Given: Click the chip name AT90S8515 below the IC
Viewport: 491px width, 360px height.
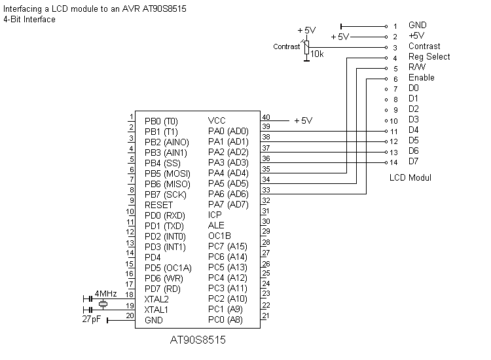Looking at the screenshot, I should pyautogui.click(x=199, y=340).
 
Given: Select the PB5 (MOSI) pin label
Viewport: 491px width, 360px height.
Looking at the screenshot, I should pyautogui.click(x=167, y=173).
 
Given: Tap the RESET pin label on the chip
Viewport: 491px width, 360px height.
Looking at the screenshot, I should pyautogui.click(x=159, y=205).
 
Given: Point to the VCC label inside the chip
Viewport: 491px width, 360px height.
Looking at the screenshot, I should pyautogui.click(x=217, y=121).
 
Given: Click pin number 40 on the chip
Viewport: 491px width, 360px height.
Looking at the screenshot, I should pyautogui.click(x=265, y=117).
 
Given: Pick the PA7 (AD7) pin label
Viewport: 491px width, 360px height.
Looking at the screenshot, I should pyautogui.click(x=228, y=205).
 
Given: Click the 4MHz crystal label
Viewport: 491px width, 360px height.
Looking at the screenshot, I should pyautogui.click(x=105, y=294).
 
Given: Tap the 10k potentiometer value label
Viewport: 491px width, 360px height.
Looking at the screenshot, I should pyautogui.click(x=317, y=54).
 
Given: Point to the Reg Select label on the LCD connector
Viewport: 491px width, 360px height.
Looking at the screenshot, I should pyautogui.click(x=429, y=57).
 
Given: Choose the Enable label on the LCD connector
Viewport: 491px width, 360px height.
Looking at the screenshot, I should pyautogui.click(x=421, y=78).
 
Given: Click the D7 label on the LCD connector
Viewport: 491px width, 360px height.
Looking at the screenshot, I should pyautogui.click(x=413, y=161).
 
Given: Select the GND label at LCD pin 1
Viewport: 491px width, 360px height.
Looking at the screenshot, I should pyautogui.click(x=417, y=26).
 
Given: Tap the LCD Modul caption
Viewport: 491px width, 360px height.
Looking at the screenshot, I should pyautogui.click(x=410, y=178).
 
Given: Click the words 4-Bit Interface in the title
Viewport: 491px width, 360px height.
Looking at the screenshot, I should pyautogui.click(x=29, y=20).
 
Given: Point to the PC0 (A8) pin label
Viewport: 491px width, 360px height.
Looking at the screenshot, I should pyautogui.click(x=225, y=320).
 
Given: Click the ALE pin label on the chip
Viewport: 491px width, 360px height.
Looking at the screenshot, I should pyautogui.click(x=215, y=226).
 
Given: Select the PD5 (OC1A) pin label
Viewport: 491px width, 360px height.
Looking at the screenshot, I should pyautogui.click(x=168, y=268).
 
